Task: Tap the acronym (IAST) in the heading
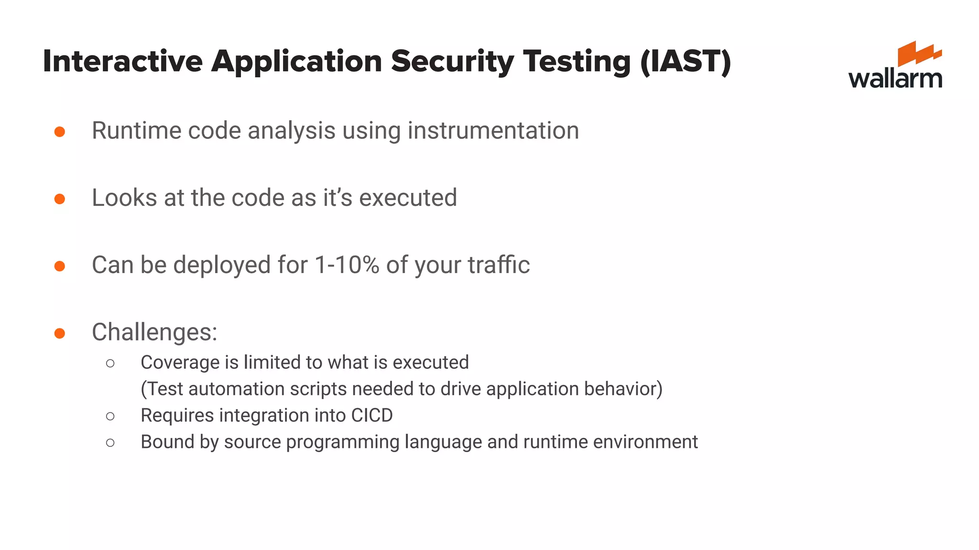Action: (x=685, y=62)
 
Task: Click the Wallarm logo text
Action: (x=895, y=79)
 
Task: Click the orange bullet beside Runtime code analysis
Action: (x=60, y=131)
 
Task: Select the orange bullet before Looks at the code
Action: (x=60, y=199)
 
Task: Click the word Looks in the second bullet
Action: (x=124, y=198)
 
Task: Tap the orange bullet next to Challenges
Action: (x=60, y=333)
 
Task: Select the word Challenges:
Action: (x=154, y=332)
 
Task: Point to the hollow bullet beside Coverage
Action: (x=110, y=364)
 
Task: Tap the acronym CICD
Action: (x=371, y=415)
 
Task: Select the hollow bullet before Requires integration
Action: (x=110, y=416)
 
